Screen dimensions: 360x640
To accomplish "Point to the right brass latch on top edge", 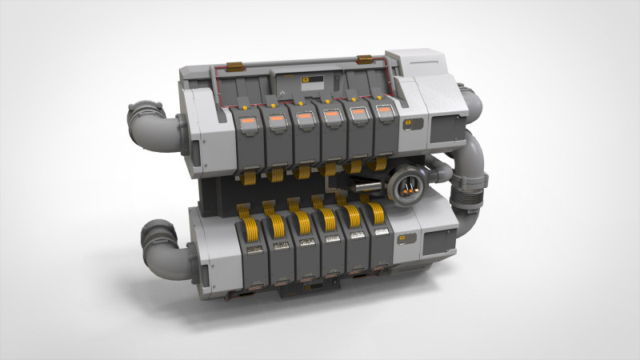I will point(365,58).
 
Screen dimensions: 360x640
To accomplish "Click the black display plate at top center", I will point(311,81).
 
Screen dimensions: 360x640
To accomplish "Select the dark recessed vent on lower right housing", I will point(439,242).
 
